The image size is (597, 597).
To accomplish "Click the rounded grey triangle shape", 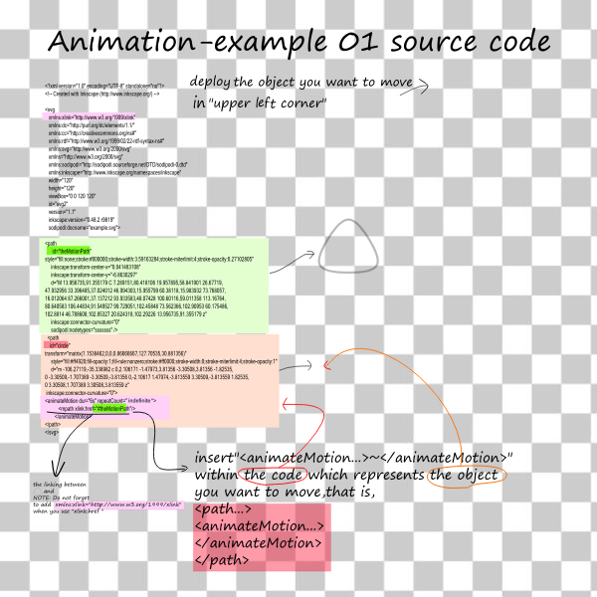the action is point(350,249).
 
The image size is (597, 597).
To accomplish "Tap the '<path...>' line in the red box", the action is point(223,509).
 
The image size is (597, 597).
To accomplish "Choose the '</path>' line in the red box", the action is point(221,560).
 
